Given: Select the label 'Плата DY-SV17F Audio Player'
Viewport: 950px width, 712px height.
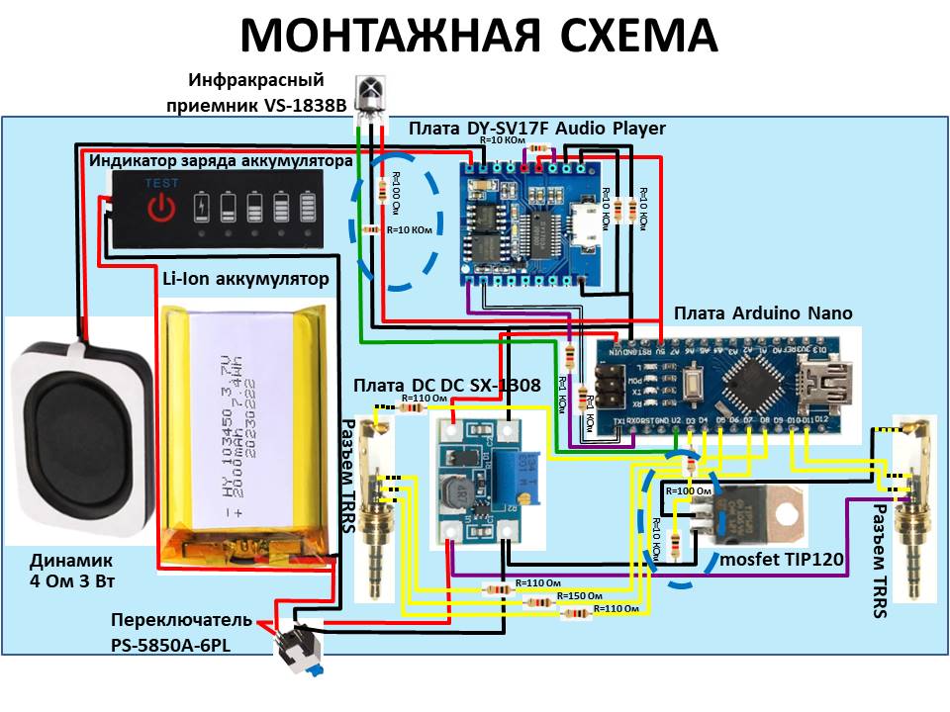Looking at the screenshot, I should click(537, 129).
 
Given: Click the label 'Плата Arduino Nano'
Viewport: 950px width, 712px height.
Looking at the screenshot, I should click(763, 313).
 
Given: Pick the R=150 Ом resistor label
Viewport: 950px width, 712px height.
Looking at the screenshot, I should click(579, 596).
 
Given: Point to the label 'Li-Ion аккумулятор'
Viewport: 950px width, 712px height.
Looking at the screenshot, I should click(244, 280).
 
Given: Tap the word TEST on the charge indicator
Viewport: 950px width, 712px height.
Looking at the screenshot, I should click(161, 184).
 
